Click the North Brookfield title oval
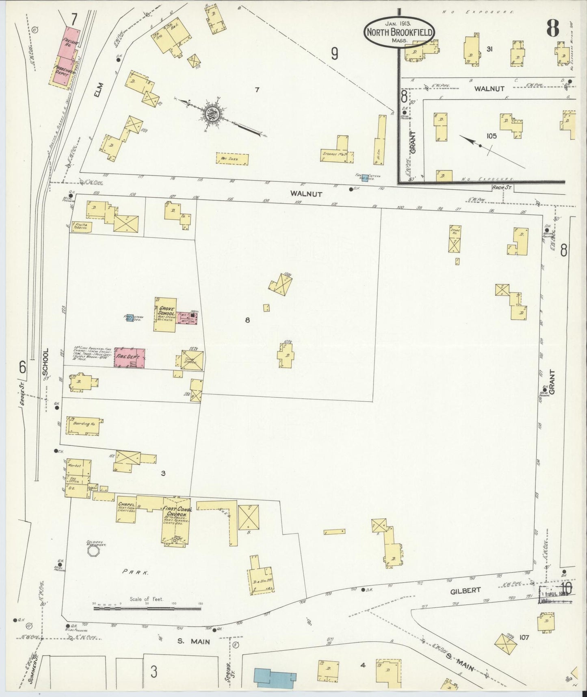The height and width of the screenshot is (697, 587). pyautogui.click(x=399, y=33)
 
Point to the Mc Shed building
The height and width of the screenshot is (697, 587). pyautogui.click(x=232, y=159)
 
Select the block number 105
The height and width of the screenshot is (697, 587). pyautogui.click(x=492, y=136)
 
